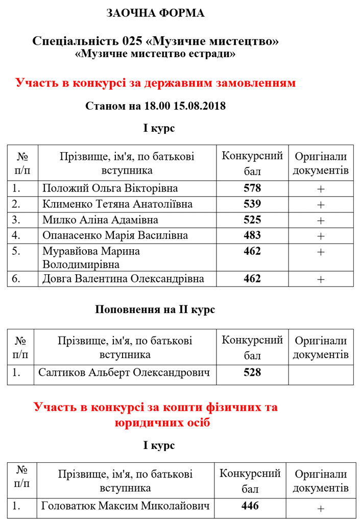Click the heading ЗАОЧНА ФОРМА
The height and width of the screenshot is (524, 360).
[155, 13]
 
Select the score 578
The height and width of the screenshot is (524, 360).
[252, 188]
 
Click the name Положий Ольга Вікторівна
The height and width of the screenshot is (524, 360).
[105, 188]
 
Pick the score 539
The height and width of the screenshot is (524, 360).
[252, 204]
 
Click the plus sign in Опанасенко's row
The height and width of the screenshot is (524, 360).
[321, 236]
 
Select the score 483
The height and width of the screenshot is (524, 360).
[252, 235]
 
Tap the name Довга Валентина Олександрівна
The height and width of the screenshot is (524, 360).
[123, 279]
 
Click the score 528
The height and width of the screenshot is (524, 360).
[252, 372]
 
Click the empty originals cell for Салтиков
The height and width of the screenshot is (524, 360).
[321, 373]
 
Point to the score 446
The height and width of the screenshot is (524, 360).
[250, 506]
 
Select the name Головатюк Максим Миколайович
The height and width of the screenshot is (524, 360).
[126, 507]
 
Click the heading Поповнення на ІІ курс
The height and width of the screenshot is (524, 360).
[155, 309]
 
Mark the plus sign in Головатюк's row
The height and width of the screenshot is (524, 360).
[321, 509]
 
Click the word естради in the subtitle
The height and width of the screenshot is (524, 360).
[213, 54]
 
